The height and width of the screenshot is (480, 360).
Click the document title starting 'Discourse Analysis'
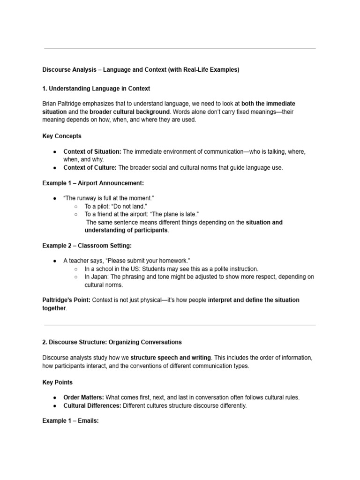141,70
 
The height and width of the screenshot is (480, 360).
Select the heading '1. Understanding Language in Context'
96,89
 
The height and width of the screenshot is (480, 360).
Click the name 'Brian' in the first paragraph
50,103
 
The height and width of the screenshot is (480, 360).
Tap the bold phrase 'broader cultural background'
129,112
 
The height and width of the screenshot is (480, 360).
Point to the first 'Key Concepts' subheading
62,136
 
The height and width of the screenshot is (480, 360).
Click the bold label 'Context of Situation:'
92,151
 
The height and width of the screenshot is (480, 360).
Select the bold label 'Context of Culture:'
90,167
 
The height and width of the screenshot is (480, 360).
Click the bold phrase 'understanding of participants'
126,230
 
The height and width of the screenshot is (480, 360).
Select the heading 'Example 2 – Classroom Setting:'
87,246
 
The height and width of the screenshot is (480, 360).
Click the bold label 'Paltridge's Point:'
65,300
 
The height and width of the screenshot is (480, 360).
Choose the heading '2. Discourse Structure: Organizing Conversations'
112,342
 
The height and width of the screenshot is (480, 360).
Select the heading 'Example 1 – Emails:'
70,420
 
